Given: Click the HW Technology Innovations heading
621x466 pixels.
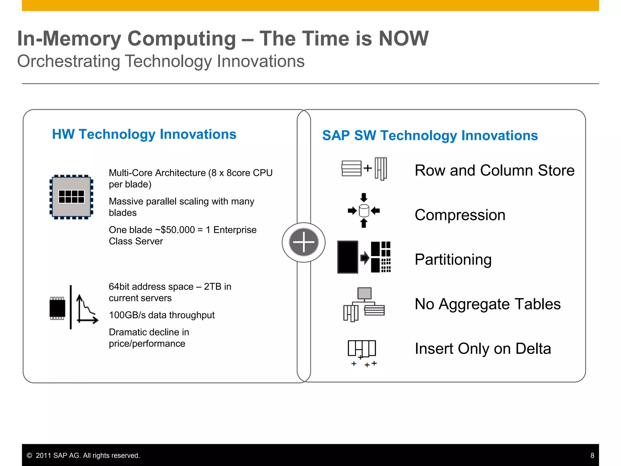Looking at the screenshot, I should [144, 134].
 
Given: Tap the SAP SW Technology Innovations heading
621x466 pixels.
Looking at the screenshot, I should [430, 135].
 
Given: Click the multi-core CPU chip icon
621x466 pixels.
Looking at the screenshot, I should [71, 197].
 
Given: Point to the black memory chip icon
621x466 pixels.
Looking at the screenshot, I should [57, 308].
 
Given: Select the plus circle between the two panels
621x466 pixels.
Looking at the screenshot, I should [304, 242].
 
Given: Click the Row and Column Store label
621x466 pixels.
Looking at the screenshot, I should [494, 170].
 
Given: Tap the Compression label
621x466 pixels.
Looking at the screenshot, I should [460, 215].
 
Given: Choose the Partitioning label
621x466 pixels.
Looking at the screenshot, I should [453, 259].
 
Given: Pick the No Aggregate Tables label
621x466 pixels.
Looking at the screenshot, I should [488, 304].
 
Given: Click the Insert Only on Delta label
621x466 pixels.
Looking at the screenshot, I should [483, 349].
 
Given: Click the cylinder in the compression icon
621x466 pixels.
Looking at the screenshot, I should [364, 211].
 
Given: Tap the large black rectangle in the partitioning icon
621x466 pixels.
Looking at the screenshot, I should [348, 257].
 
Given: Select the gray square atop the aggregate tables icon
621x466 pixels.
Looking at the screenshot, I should [364, 293].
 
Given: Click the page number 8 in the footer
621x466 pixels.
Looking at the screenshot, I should [592, 455].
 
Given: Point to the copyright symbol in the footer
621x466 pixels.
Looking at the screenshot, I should [29, 455].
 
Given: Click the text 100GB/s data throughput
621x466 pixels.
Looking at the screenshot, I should [162, 315].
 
